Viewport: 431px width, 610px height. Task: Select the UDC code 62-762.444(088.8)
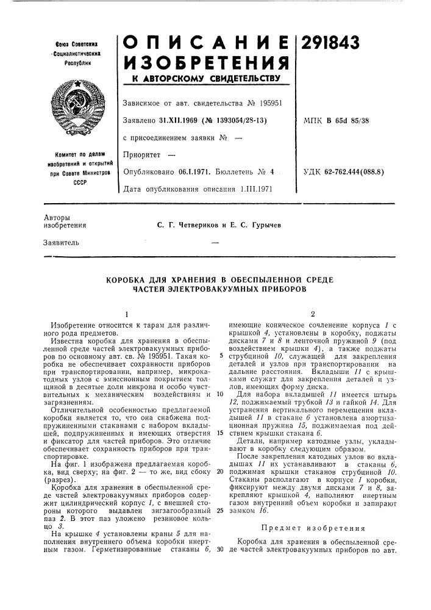click(x=355, y=173)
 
